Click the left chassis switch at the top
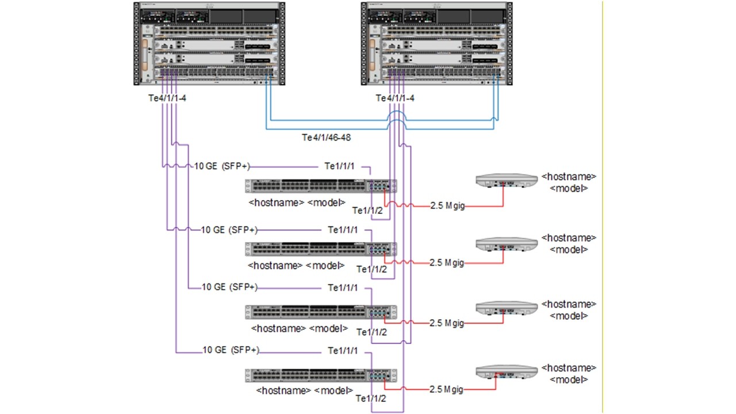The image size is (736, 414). (209, 44)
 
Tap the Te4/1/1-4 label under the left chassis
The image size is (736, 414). (167, 98)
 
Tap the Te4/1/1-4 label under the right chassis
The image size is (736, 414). (395, 98)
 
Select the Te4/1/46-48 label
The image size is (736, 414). (327, 137)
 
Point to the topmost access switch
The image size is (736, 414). (321, 186)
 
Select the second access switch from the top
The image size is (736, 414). (321, 249)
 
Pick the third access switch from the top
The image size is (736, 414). (321, 312)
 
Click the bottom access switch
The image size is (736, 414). (321, 375)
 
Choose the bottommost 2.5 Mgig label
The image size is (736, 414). (446, 389)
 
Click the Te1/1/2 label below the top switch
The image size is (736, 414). (367, 210)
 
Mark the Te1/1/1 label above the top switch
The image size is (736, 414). (340, 166)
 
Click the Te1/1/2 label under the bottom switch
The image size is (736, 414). (371, 398)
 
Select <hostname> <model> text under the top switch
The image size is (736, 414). (297, 202)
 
